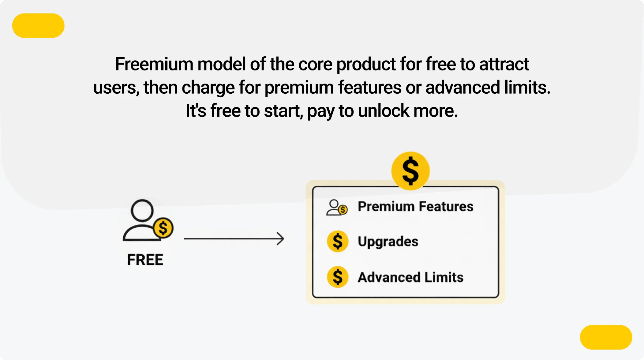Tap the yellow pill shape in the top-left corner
38,25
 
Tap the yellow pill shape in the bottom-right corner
606,337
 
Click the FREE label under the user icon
145,260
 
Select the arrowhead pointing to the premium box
281,239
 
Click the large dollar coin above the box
410,171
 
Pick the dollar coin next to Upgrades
338,241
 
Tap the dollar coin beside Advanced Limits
338,277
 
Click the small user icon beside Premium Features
336,208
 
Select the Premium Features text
415,207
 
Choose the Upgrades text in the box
388,242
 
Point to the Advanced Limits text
410,277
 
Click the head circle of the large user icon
142,211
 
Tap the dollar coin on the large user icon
163,228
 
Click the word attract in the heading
504,64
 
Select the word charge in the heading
208,88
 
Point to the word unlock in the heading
383,111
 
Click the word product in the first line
366,65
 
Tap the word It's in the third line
196,111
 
